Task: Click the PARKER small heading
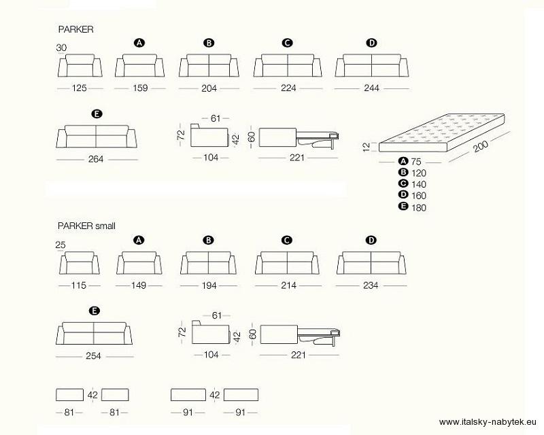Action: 86,226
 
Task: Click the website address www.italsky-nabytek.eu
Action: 488,422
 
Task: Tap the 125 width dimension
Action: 79,88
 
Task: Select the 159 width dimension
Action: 140,88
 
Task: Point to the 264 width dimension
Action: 96,159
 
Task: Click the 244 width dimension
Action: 371,88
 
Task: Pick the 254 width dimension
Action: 93,356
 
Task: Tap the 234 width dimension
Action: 371,285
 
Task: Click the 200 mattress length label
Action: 481,146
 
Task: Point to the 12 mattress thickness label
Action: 367,147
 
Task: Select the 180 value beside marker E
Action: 419,208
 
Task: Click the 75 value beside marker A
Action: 416,162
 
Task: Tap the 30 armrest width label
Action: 61,48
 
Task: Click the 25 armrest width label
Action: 61,245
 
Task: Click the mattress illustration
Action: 441,133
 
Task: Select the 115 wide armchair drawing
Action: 79,263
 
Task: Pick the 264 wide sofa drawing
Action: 97,137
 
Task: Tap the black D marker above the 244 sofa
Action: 371,43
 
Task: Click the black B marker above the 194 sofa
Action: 209,240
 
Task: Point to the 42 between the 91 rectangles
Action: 215,395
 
